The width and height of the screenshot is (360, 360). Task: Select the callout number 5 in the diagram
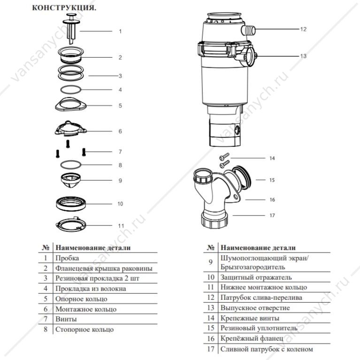[x=120, y=106]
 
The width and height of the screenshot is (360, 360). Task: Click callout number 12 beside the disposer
[x=303, y=29]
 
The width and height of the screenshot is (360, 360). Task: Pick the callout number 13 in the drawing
[x=303, y=55]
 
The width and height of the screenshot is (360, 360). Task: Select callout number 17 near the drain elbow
[x=271, y=216]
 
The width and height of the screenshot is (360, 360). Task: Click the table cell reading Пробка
[x=67, y=258]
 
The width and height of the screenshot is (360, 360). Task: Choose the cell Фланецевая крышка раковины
[x=104, y=268]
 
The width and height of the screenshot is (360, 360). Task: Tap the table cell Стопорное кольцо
[x=84, y=329]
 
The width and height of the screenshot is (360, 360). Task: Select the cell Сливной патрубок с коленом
[x=266, y=349]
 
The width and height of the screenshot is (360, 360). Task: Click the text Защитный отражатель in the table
[x=256, y=277]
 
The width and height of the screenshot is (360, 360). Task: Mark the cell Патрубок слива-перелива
[x=261, y=298]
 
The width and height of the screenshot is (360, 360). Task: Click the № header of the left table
[x=46, y=247]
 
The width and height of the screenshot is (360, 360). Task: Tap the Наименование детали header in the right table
[x=258, y=248]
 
